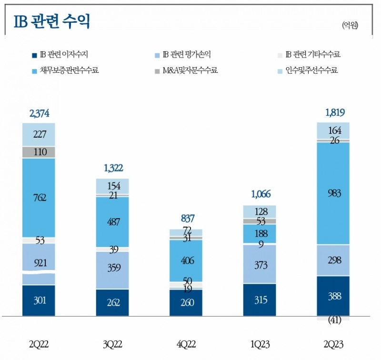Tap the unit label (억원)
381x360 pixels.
coord(350,25)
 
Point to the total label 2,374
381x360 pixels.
coord(39,113)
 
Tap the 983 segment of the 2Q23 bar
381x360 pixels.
coord(333,193)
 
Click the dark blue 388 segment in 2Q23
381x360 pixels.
coord(333,296)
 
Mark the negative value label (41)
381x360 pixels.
coord(333,320)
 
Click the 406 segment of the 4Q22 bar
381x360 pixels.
coord(186,260)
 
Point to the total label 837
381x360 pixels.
coord(186,219)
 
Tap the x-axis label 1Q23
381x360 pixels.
coord(260,344)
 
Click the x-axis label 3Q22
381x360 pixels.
coord(112,344)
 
